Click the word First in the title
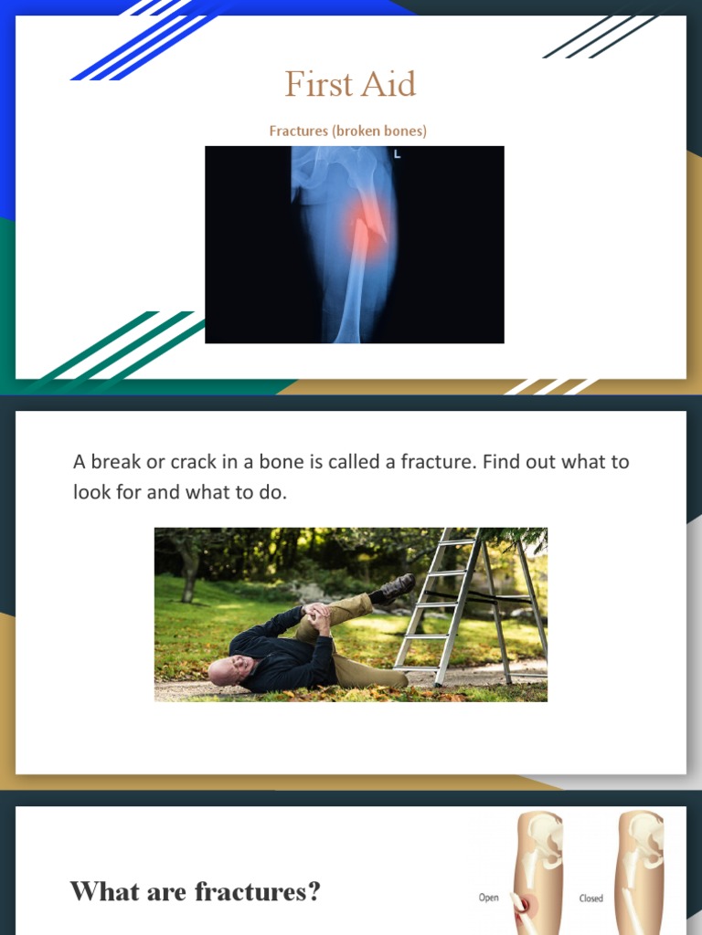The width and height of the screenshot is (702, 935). pos(316,85)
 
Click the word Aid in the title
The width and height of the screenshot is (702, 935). pos(388,85)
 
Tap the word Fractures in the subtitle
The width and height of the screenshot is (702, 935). pos(298,131)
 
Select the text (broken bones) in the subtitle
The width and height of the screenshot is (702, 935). pos(379,131)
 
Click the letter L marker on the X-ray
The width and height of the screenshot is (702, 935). pos(397,154)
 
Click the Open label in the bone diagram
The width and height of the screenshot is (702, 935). pos(489,898)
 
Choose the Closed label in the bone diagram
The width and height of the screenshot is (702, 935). pos(591,898)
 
